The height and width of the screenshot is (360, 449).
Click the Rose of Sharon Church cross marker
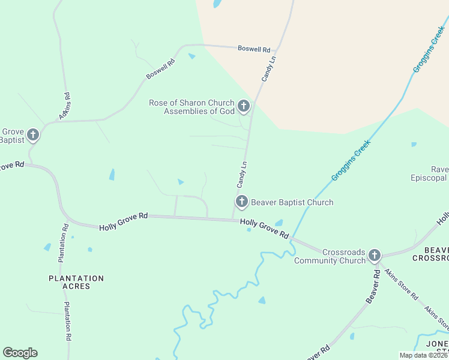click(x=243, y=107)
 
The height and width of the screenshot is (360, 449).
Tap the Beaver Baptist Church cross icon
click(x=241, y=202)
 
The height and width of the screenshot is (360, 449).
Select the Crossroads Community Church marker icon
click(x=375, y=256)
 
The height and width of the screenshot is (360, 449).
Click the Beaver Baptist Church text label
click(x=292, y=202)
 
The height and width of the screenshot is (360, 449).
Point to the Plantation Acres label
click(x=76, y=282)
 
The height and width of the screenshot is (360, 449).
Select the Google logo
click(x=20, y=353)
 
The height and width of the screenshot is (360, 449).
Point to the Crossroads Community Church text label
click(x=330, y=256)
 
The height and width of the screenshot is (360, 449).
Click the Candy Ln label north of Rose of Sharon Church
click(x=268, y=69)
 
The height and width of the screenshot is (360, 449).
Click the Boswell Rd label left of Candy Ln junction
click(x=254, y=49)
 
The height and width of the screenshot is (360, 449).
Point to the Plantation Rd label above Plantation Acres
click(x=62, y=243)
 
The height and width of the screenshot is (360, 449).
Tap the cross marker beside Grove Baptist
click(x=32, y=135)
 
